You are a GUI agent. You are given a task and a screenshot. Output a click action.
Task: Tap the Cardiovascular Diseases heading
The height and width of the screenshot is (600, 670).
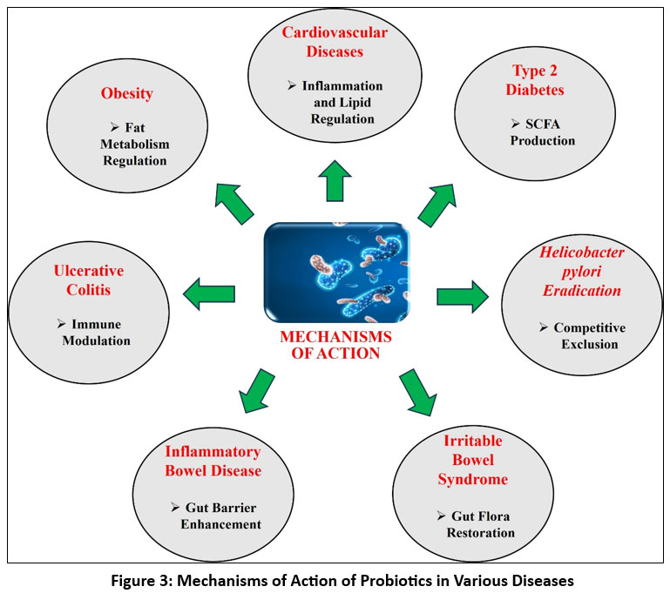(x=335, y=42)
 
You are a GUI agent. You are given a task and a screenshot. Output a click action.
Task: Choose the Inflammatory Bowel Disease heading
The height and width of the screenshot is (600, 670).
(x=213, y=462)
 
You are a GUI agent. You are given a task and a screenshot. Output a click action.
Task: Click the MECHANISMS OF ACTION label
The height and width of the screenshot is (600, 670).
(x=335, y=345)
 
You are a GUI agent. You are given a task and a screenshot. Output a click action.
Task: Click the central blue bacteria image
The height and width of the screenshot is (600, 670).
(x=335, y=272)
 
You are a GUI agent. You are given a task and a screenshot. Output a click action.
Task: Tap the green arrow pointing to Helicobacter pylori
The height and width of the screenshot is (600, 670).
(x=462, y=297)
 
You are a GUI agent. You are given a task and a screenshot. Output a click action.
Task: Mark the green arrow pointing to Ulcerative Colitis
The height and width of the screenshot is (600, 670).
(x=210, y=294)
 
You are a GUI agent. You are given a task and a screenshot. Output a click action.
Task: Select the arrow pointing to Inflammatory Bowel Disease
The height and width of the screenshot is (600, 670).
(x=251, y=388)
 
